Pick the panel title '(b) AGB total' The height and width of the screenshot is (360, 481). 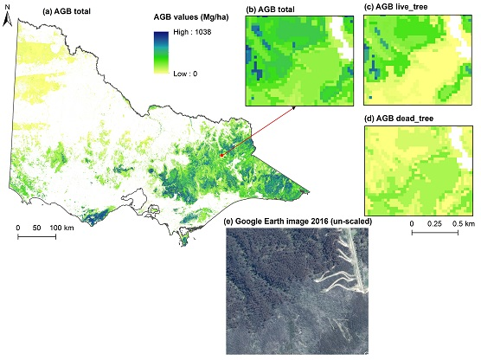(x=279, y=10)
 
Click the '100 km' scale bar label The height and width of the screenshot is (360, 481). (x=72, y=228)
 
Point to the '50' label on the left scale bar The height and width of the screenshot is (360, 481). (x=43, y=228)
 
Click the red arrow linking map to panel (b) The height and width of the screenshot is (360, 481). (x=260, y=131)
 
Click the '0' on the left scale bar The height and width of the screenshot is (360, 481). (x=18, y=228)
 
